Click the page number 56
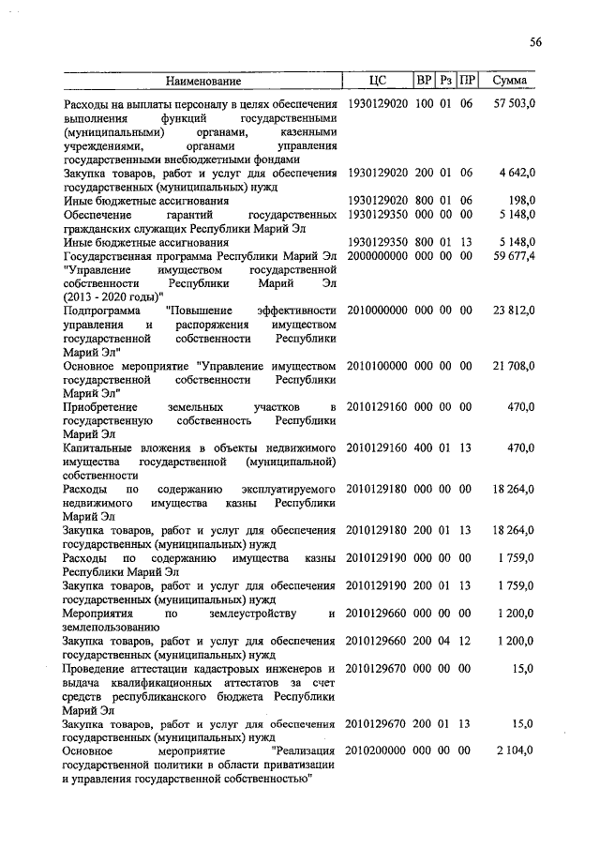535,41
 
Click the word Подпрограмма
100,311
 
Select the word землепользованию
111,628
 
